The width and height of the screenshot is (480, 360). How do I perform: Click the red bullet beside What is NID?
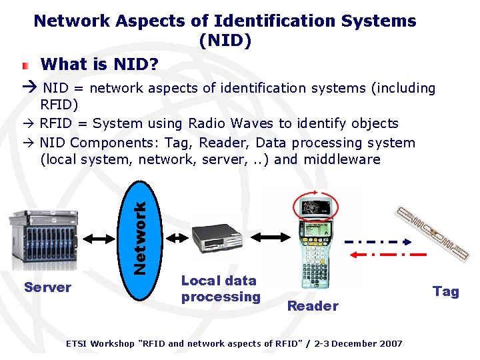[x=25, y=65]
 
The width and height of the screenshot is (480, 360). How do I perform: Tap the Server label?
[x=47, y=287]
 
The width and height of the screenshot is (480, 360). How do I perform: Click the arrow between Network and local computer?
[x=177, y=237]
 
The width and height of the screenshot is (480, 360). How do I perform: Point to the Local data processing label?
[x=221, y=289]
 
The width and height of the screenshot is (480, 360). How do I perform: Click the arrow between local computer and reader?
[x=274, y=236]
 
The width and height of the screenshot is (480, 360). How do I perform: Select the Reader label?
[x=313, y=306]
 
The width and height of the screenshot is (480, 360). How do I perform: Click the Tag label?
[x=446, y=291]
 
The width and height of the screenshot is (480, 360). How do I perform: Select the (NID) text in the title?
[x=225, y=41]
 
